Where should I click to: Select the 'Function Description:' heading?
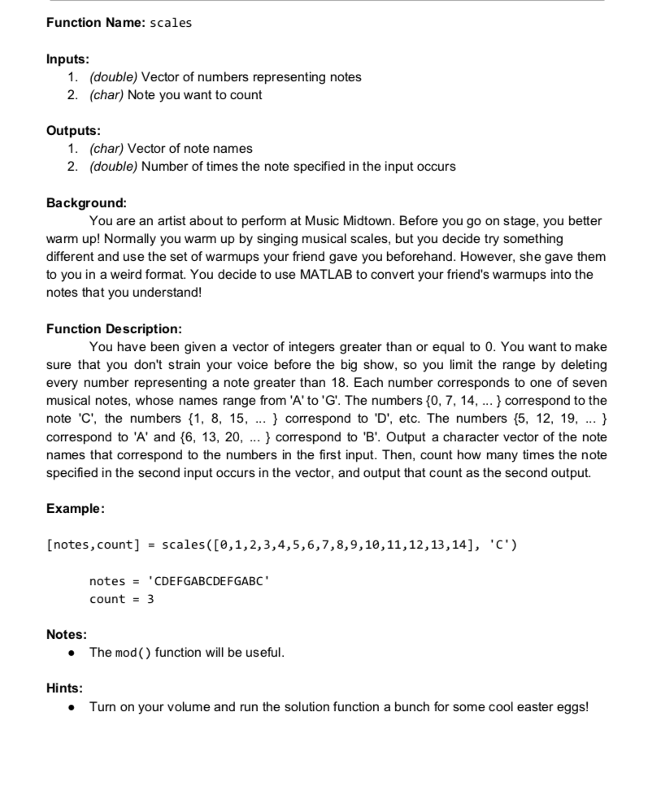pos(114,329)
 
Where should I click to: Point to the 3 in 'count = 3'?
pos(150,599)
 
